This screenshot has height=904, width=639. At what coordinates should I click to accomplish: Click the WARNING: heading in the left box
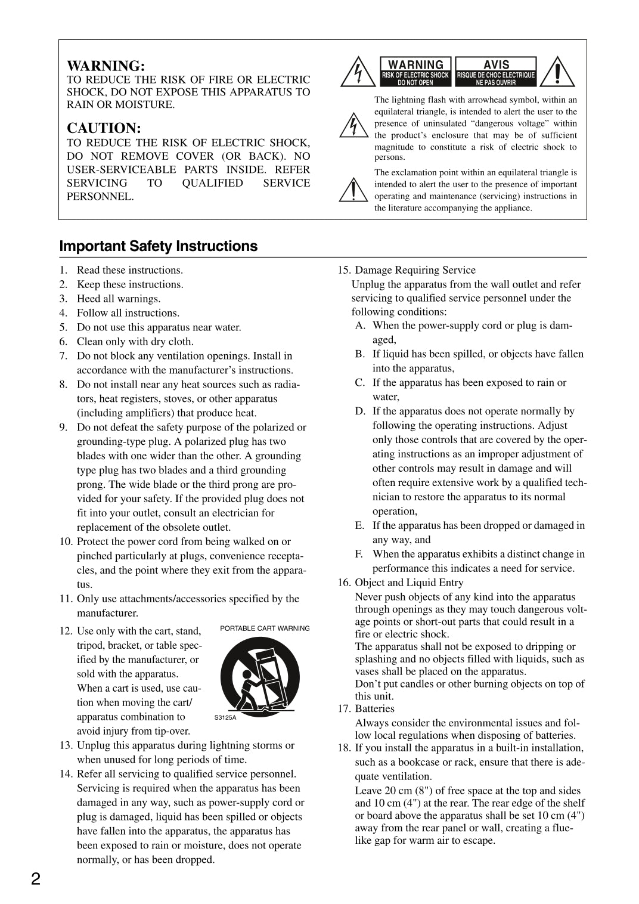[x=106, y=66]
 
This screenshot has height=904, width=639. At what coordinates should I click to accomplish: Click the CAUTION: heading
[x=104, y=128]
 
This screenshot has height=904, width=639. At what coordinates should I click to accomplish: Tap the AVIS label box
[x=496, y=72]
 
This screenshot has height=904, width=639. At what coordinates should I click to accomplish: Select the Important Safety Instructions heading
[x=159, y=246]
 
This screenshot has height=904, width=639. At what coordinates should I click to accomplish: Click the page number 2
[x=36, y=879]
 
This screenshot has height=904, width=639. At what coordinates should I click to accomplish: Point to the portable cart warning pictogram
[x=260, y=676]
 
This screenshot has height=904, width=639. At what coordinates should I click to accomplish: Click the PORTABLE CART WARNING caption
[x=265, y=629]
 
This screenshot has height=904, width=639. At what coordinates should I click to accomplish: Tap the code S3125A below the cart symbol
[x=225, y=717]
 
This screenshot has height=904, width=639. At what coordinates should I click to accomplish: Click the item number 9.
[x=64, y=428]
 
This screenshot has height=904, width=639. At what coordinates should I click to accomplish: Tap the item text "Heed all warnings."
[x=119, y=299]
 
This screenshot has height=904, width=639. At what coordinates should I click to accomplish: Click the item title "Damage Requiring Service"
[x=415, y=270]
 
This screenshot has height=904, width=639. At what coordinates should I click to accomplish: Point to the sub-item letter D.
[x=360, y=411]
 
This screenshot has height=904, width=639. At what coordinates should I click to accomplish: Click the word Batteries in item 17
[x=374, y=708]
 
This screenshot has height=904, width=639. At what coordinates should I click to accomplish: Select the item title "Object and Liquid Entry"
[x=409, y=583]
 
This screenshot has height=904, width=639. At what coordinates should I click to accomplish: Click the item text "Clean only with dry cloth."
[x=135, y=342]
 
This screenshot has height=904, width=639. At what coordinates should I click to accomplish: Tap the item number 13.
[x=66, y=745]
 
